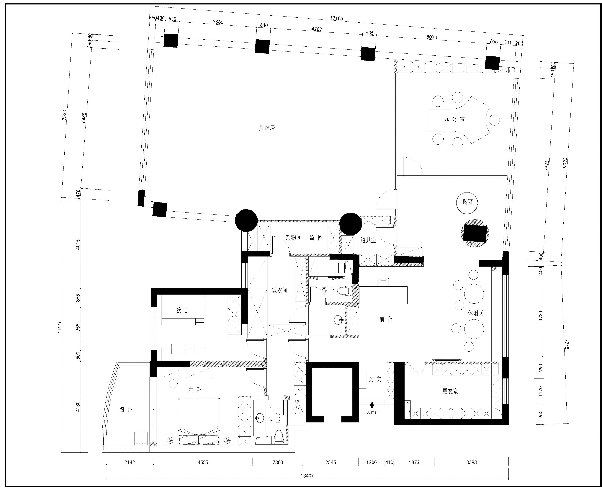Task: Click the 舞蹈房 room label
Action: (267, 128)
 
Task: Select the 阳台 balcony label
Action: (126, 410)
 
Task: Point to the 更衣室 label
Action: (450, 391)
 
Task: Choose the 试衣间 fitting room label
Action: (279, 290)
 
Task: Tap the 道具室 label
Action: (368, 240)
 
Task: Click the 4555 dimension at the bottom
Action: (203, 462)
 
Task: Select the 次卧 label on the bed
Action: (183, 310)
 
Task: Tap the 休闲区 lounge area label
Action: (476, 313)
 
